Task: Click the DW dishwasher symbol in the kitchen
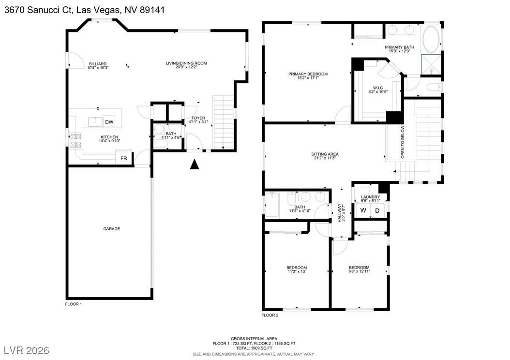click(109, 122)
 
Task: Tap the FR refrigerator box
click(124, 159)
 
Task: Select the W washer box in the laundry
click(363, 210)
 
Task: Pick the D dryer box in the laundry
click(377, 210)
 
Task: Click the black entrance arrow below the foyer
click(195, 165)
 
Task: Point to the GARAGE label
click(111, 229)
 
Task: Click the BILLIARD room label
click(98, 64)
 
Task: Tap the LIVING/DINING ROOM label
click(186, 63)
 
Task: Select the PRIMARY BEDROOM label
click(308, 74)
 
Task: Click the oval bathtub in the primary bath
click(432, 40)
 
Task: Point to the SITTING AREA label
click(325, 154)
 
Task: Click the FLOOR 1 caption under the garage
click(74, 304)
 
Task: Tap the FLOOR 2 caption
click(270, 315)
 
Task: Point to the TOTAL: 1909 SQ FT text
click(254, 348)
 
